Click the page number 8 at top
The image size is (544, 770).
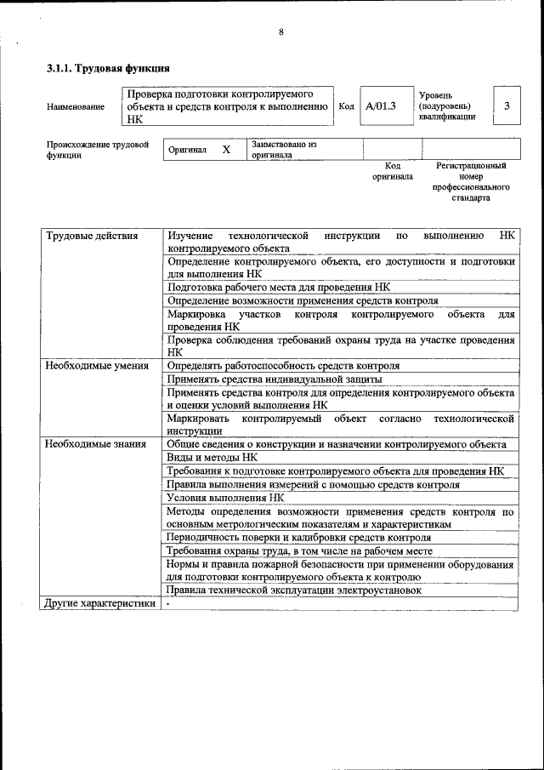coord(281,32)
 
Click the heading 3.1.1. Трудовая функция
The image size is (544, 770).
coord(108,67)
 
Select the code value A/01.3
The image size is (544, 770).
coord(380,106)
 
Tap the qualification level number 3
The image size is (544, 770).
coord(507,106)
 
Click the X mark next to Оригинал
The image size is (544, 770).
coord(226,150)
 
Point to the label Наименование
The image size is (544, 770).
coord(76,106)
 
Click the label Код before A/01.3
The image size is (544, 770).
coord(346,106)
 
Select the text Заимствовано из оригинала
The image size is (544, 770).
coord(284,150)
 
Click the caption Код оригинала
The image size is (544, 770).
coord(392,171)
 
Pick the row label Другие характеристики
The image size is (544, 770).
coord(100,603)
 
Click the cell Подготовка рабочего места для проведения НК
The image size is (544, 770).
coord(279,288)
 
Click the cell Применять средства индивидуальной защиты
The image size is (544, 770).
coord(274,379)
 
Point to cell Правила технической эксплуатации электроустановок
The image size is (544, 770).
coord(293,590)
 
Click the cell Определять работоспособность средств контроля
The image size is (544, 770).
coord(283,366)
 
